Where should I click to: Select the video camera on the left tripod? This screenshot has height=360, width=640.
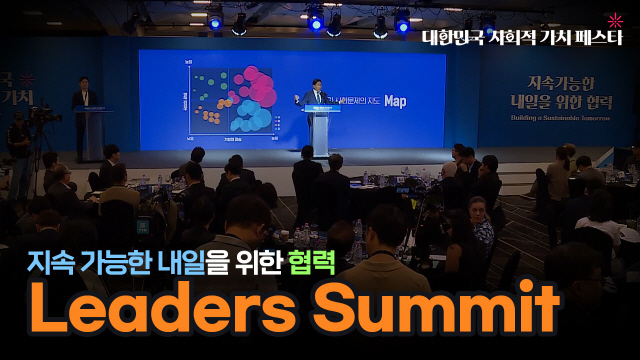click(42, 115)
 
